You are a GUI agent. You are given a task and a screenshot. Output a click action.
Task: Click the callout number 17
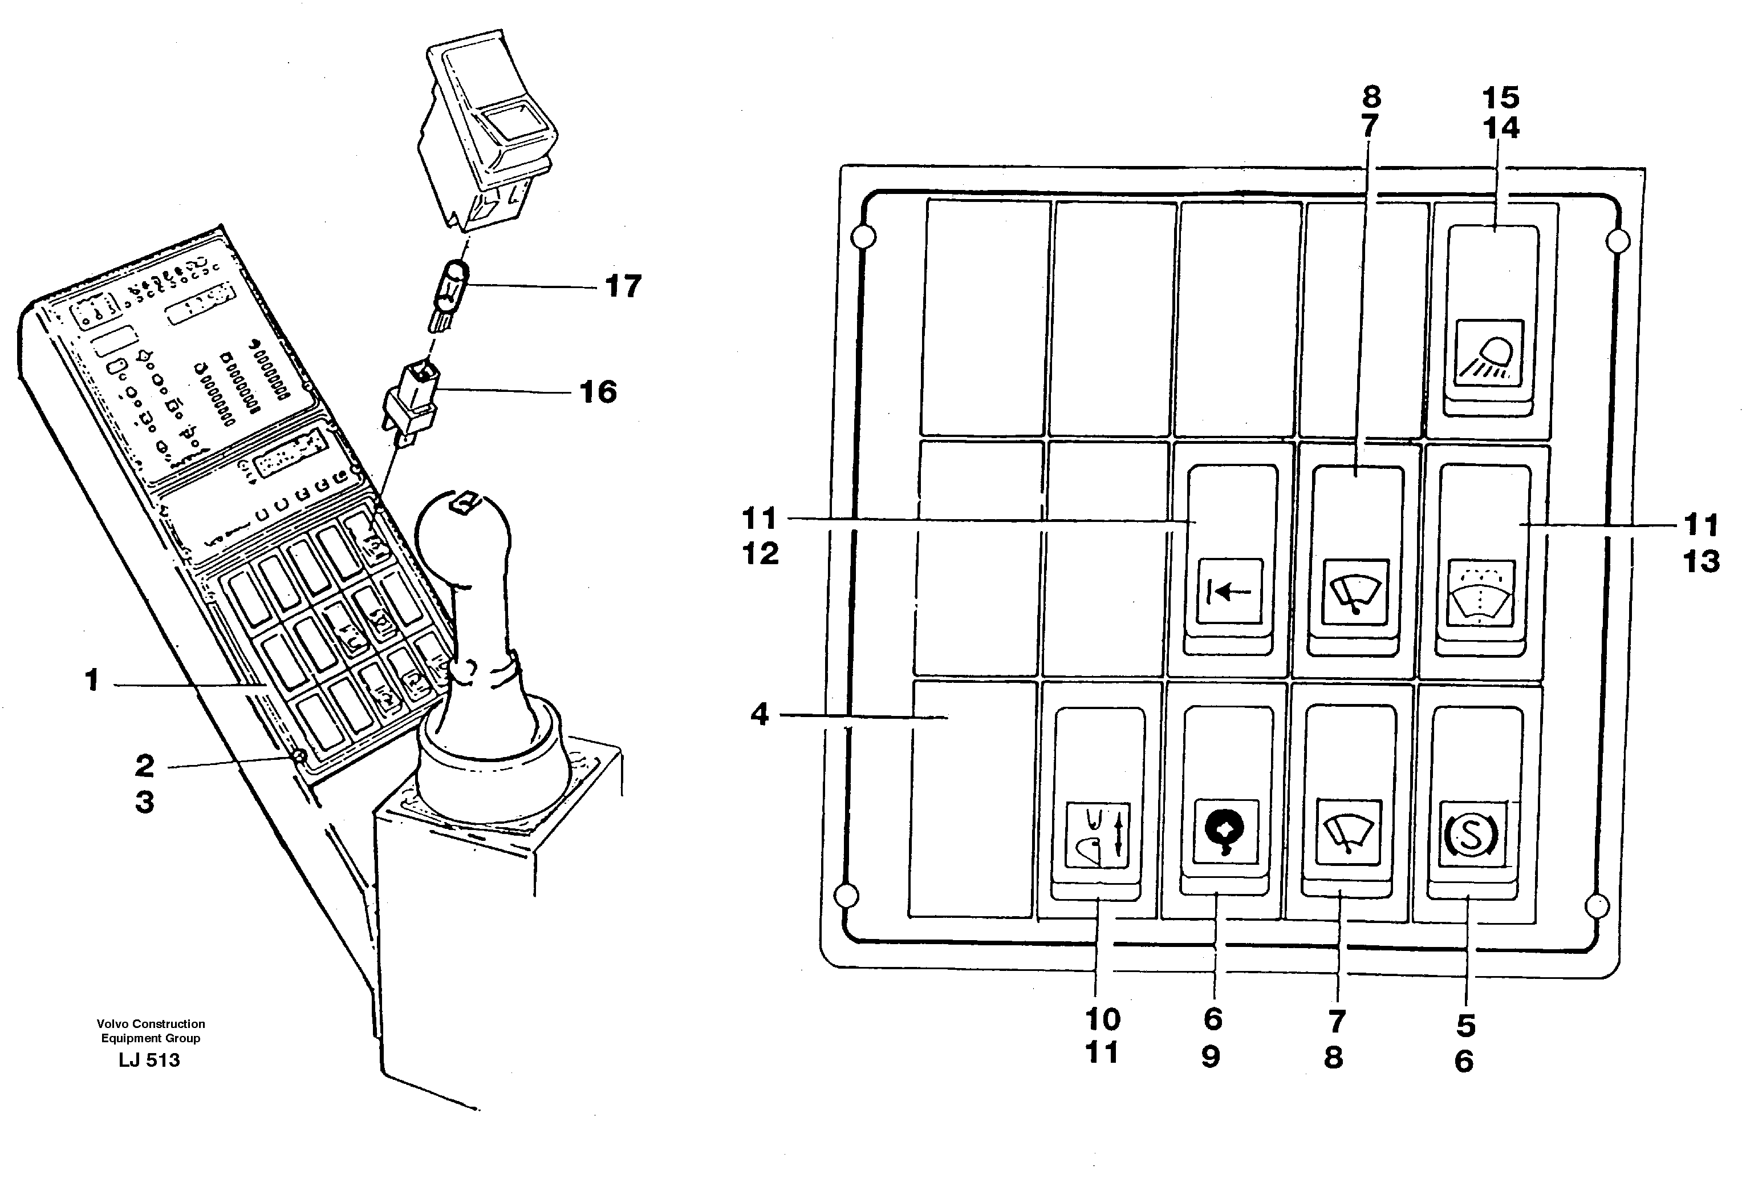622,286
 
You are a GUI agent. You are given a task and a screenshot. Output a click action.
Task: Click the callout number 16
598,391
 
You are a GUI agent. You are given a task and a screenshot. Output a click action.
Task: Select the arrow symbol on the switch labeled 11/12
1229,592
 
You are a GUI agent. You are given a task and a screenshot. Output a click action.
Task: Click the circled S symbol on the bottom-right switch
1470,835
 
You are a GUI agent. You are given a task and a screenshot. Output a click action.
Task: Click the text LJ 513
149,1060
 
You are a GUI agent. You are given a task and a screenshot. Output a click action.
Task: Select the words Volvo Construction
150,1024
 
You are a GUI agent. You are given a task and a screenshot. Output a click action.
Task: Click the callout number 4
760,714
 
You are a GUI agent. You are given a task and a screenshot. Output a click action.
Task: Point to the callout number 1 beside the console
91,680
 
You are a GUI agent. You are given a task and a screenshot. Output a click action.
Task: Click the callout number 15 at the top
1501,97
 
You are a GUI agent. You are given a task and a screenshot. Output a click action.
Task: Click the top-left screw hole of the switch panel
863,237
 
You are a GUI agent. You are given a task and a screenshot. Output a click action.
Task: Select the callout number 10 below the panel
1102,1019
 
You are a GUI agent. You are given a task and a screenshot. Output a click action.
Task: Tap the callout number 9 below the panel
1211,1056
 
